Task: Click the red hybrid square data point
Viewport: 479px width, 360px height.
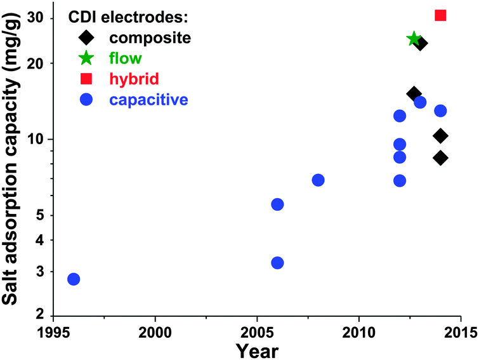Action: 440,15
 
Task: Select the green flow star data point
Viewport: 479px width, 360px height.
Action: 414,39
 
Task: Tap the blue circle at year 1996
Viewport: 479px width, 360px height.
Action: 74,279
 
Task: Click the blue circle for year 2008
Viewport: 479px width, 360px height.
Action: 318,180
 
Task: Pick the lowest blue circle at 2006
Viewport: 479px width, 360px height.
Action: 277,263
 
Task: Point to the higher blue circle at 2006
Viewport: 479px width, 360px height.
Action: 277,204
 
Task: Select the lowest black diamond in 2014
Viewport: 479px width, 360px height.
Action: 440,158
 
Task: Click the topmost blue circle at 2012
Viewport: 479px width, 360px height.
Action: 400,116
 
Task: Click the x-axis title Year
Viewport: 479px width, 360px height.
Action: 256,349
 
